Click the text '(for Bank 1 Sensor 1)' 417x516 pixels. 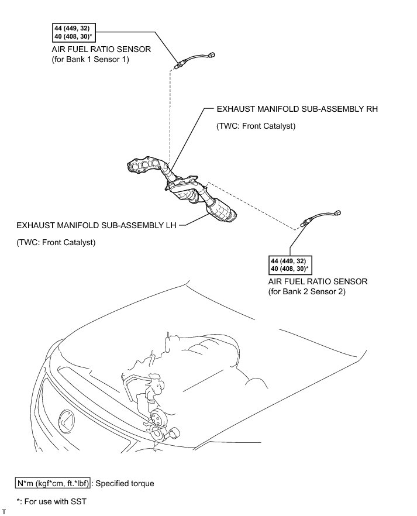tap(90, 60)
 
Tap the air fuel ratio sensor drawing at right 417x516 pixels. tap(318, 218)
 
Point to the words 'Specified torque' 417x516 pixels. tap(125, 483)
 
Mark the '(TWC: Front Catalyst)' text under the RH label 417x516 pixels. tap(256, 126)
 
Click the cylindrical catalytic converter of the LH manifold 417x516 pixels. tap(221, 210)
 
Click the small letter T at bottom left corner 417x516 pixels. tap(4, 512)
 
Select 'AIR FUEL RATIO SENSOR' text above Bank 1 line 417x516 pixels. tap(101, 50)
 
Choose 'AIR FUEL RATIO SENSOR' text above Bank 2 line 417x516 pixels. tap(318, 281)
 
